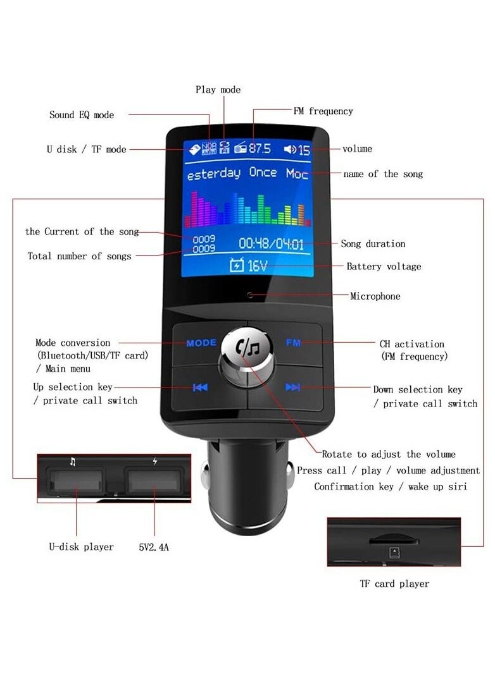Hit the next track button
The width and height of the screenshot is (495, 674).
[292, 388]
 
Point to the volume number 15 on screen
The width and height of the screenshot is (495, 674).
[304, 150]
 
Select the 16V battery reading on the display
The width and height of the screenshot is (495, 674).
[256, 266]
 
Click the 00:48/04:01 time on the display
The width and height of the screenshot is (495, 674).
[271, 243]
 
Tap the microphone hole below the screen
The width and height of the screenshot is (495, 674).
[250, 295]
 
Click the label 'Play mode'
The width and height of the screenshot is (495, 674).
[218, 90]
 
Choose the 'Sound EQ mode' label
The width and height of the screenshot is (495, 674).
[82, 115]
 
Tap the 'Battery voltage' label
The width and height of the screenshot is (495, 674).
[384, 267]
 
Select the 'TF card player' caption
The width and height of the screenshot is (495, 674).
[394, 584]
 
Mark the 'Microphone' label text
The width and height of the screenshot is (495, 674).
[375, 296]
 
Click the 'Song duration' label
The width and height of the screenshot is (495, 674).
[373, 244]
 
